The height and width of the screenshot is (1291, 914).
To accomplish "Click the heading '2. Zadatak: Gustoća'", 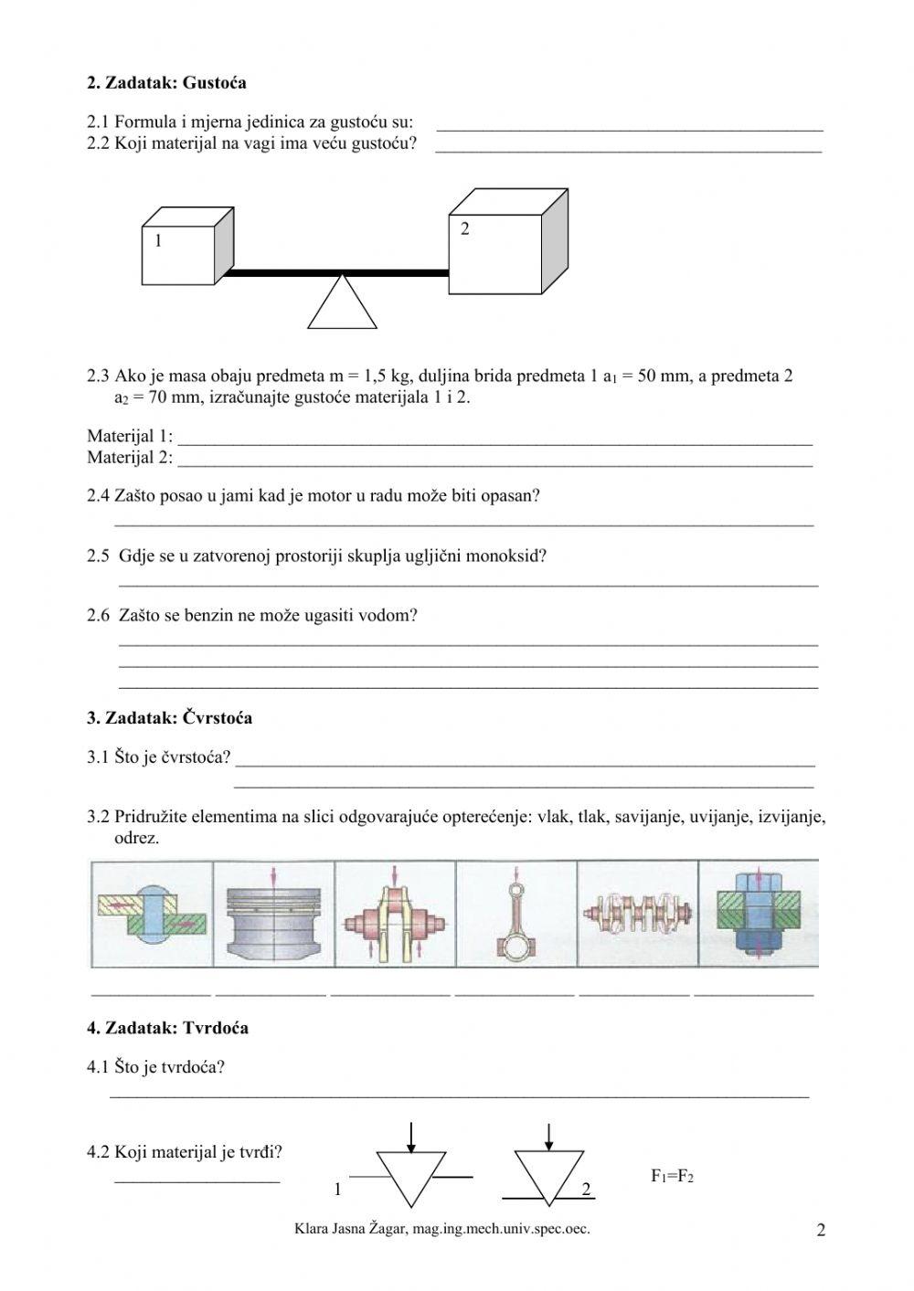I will (x=166, y=83).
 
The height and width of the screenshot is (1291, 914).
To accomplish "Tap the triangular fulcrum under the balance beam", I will (x=343, y=302).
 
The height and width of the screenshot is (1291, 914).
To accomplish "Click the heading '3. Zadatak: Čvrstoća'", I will (x=169, y=718).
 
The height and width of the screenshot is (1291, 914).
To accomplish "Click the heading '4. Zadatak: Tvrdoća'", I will (x=167, y=1028).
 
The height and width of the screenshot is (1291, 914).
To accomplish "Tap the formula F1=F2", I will (x=672, y=1177).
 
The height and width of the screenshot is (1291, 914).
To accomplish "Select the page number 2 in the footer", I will (x=820, y=1231).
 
